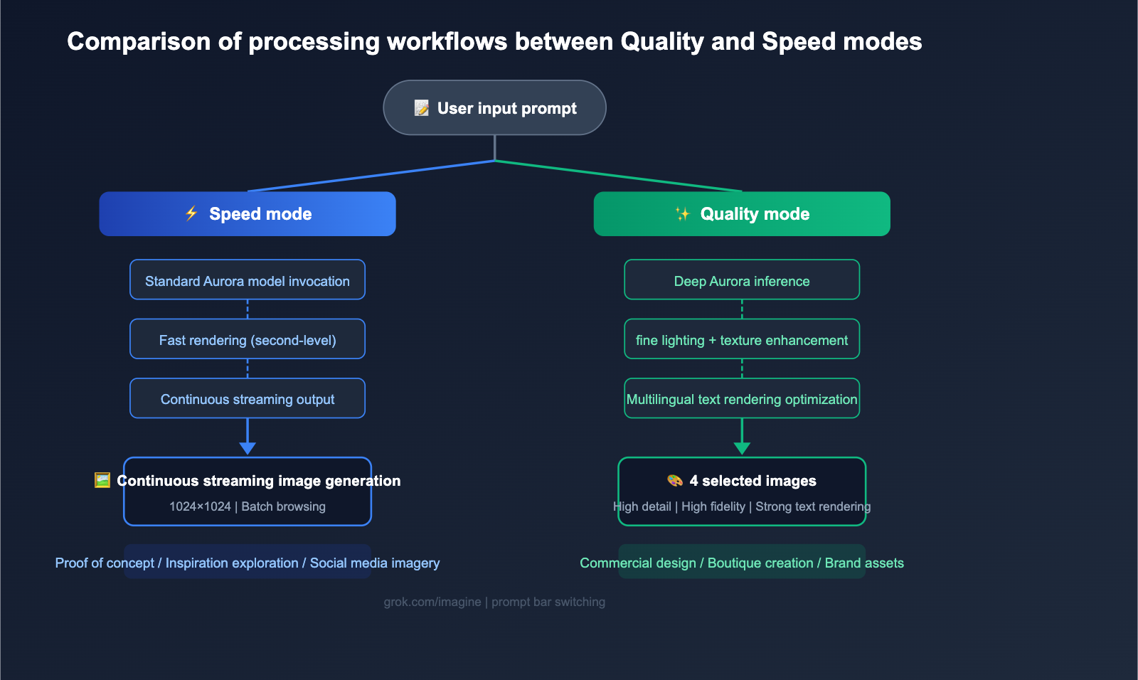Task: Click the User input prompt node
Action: (x=494, y=107)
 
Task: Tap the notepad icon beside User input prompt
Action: (x=422, y=108)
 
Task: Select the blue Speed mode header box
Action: (x=248, y=213)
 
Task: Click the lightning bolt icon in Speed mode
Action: (x=191, y=213)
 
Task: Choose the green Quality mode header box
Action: (x=742, y=213)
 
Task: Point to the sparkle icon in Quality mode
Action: (x=682, y=213)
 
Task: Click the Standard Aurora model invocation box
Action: (x=248, y=280)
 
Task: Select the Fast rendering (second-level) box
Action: (x=248, y=339)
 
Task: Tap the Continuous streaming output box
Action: (x=248, y=398)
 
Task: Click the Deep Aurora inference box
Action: (x=742, y=280)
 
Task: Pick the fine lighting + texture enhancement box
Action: (x=742, y=339)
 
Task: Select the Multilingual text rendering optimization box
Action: (x=742, y=398)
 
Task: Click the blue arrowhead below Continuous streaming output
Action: (x=248, y=447)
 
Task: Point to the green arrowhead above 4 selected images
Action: (x=742, y=447)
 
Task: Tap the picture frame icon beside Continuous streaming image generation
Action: (x=102, y=480)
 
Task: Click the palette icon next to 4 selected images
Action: (x=675, y=481)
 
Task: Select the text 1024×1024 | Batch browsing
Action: (x=248, y=506)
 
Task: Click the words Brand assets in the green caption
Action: (x=864, y=563)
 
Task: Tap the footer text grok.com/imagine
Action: (x=432, y=602)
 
